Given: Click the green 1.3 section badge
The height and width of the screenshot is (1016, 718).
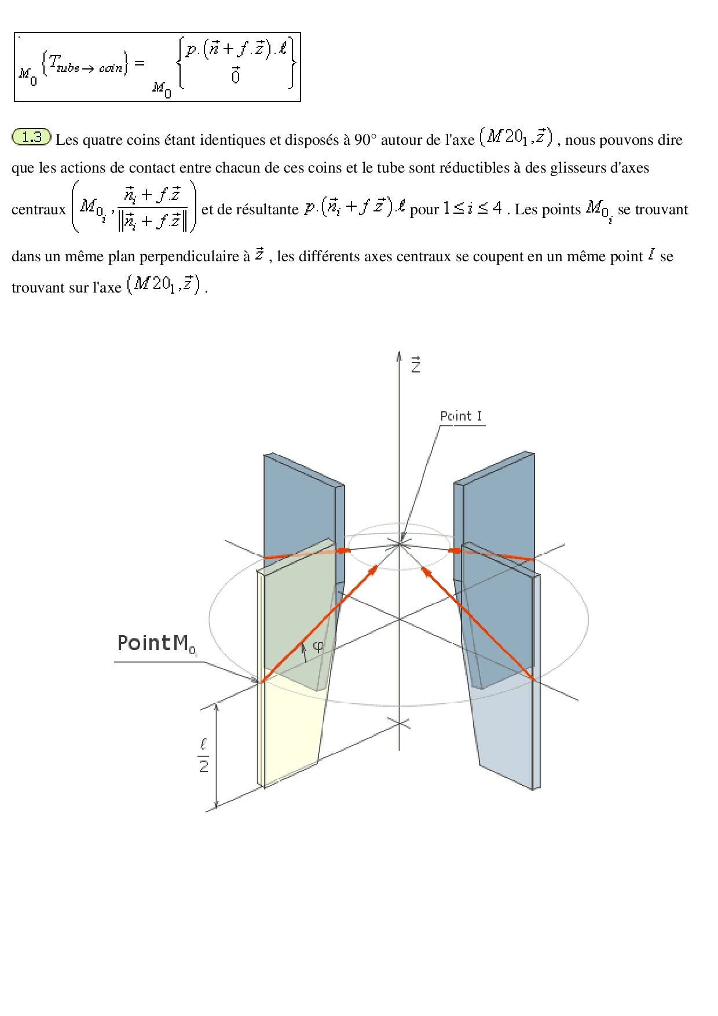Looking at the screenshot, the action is (32, 137).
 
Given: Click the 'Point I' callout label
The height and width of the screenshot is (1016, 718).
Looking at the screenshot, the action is (461, 416).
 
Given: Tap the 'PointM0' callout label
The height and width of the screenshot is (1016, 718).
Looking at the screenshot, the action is (156, 644).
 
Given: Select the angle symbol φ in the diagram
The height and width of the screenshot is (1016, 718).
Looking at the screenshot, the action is (318, 646).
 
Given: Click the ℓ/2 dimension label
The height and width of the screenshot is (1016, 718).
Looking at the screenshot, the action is (203, 755).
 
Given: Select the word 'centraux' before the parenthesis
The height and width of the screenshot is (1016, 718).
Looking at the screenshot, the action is (39, 210).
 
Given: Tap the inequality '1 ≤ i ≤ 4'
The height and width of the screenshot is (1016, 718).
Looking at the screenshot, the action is (472, 208).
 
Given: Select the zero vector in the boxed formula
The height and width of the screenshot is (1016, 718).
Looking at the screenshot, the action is (235, 75).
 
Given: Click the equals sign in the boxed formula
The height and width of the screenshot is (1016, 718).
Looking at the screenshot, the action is (139, 63).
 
